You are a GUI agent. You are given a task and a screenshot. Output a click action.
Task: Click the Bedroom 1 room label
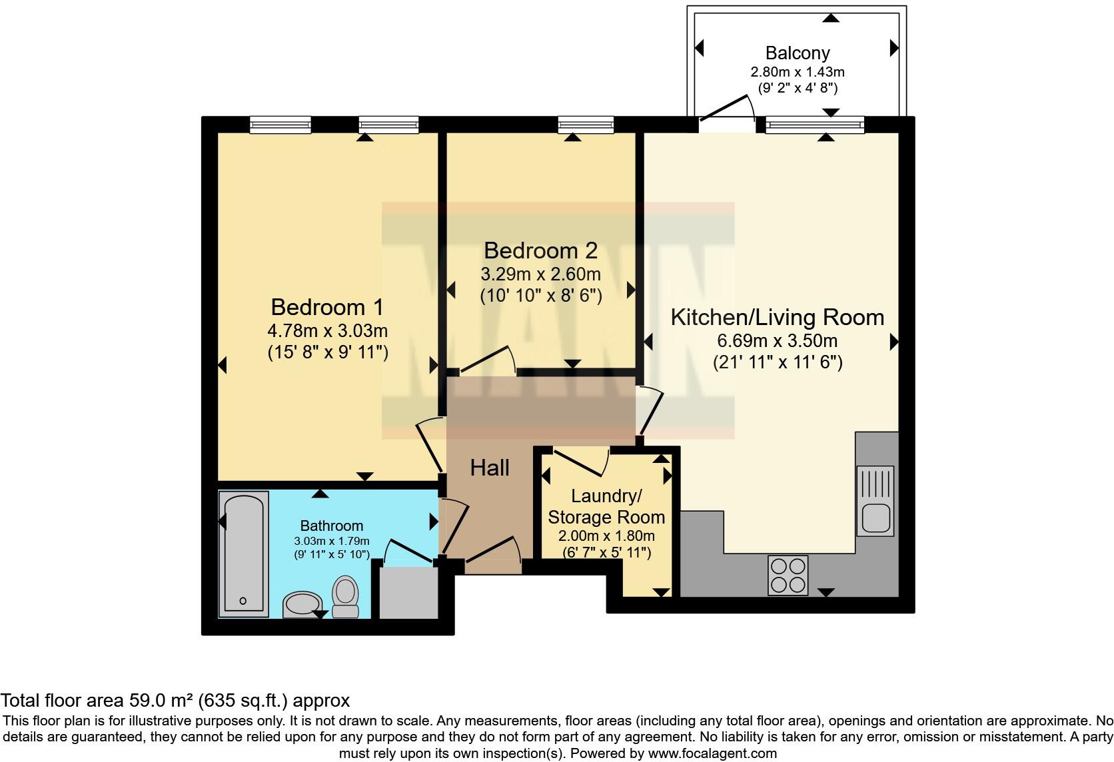pyautogui.click(x=326, y=307)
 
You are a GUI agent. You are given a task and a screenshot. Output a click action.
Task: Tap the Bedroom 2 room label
pyautogui.click(x=540, y=250)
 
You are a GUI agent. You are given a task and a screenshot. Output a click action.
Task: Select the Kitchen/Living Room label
pyautogui.click(x=778, y=317)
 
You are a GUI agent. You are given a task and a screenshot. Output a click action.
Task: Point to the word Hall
pyautogui.click(x=490, y=468)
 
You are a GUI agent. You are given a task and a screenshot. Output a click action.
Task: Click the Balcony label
pyautogui.click(x=798, y=53)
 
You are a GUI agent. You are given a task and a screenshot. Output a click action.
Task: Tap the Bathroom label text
pyautogui.click(x=332, y=526)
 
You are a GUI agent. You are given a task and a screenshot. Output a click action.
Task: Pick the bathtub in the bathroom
pyautogui.click(x=244, y=554)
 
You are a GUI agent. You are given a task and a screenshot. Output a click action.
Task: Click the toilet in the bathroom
pyautogui.click(x=345, y=596)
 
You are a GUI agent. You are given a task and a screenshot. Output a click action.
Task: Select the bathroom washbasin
pyautogui.click(x=302, y=604)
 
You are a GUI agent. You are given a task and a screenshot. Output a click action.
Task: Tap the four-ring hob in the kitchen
pyautogui.click(x=788, y=575)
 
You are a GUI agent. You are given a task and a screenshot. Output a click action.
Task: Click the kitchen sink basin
pyautogui.click(x=875, y=518)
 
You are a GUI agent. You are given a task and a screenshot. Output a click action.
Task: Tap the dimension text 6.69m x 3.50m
pyautogui.click(x=778, y=341)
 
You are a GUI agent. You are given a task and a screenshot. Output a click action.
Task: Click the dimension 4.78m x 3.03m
pyautogui.click(x=327, y=330)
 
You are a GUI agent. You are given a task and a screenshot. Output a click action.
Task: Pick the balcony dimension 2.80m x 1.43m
pyautogui.click(x=798, y=72)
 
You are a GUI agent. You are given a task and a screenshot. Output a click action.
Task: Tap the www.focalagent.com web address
pyautogui.click(x=713, y=753)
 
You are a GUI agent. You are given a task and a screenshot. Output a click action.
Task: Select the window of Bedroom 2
pyautogui.click(x=586, y=125)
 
